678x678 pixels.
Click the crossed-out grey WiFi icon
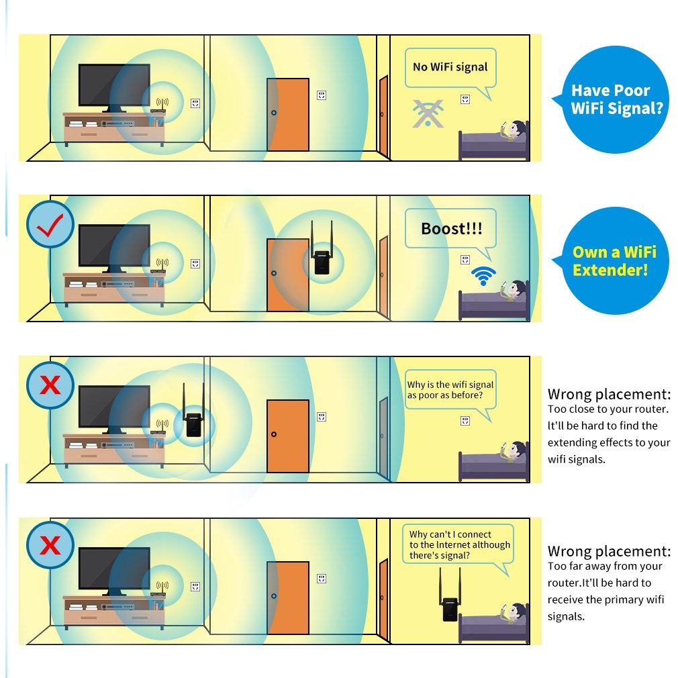428,113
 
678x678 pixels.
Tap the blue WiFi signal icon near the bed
483,275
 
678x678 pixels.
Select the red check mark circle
50,224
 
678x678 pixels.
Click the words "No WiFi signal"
450,67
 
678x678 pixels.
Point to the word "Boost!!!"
451,228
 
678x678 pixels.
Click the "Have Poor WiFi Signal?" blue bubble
612,99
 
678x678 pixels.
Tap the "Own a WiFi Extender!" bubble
612,260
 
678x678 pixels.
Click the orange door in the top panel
288,115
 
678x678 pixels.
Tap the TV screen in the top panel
114,85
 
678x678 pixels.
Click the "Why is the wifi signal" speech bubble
450,390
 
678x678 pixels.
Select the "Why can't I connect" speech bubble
458,545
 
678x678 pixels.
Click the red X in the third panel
50,385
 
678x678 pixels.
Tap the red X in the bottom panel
50,545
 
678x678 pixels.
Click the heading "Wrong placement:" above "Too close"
610,394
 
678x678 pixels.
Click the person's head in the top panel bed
517,130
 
